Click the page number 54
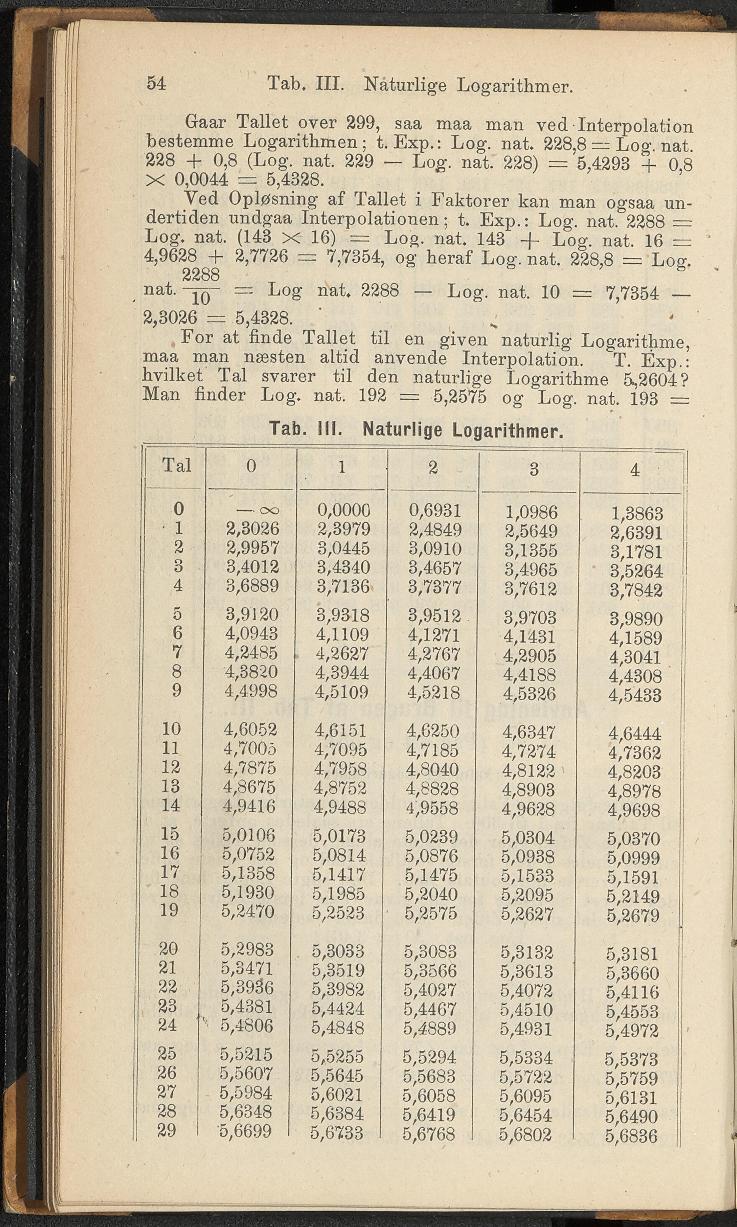coord(156,83)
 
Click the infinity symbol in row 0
coord(258,511)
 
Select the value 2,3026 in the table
coord(252,529)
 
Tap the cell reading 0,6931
coord(435,511)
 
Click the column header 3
coord(534,469)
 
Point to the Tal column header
coord(177,466)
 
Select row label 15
coord(170,834)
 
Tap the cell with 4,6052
coord(250,729)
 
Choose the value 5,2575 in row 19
coord(431,913)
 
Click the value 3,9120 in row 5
coord(252,615)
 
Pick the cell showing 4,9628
coord(528,809)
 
